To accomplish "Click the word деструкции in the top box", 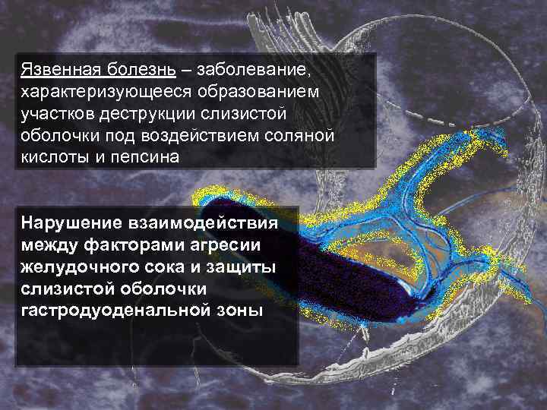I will [148, 113].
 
